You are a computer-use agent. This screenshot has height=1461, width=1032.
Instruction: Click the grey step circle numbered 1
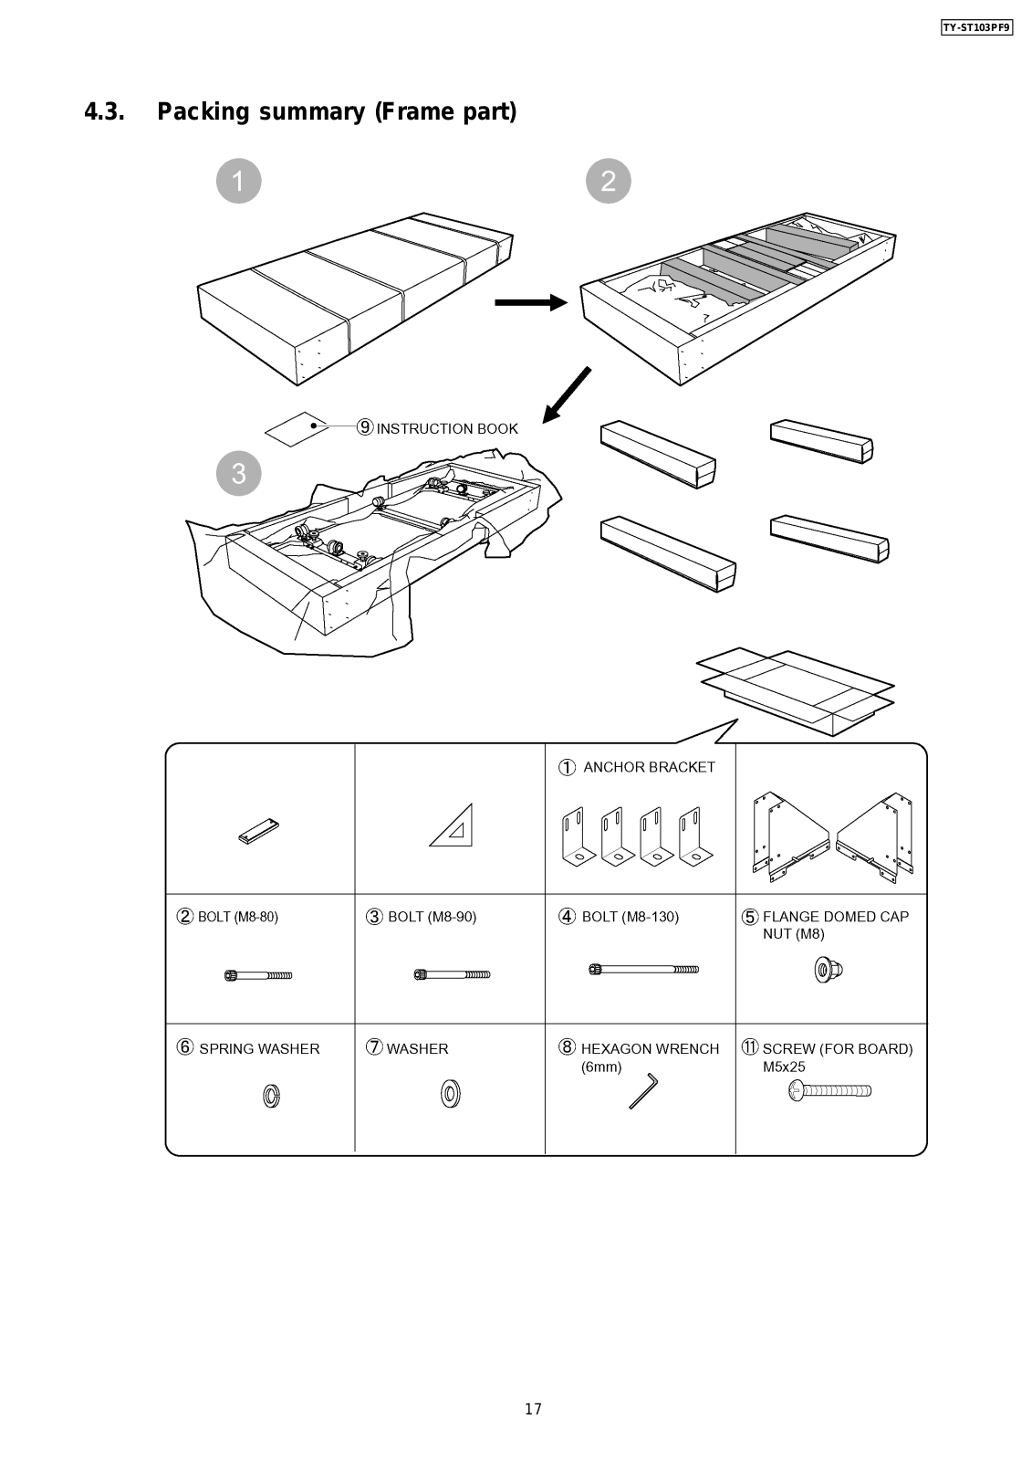(238, 181)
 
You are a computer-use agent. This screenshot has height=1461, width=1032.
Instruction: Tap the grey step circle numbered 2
(609, 181)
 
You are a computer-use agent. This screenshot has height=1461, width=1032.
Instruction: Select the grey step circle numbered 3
(238, 473)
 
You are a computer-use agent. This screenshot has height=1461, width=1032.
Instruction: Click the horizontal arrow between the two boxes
(530, 302)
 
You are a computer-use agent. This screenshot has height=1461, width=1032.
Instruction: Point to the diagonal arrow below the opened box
(567, 395)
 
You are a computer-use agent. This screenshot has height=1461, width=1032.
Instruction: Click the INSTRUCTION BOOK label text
(447, 428)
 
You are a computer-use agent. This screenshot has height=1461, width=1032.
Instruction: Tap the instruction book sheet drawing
(296, 428)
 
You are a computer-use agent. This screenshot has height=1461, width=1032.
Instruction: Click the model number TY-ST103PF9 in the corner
(976, 27)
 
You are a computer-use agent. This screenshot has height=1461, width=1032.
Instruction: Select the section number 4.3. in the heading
(104, 112)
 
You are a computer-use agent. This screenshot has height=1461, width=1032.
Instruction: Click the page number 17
(533, 1409)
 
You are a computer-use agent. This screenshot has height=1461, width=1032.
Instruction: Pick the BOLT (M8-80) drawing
(258, 975)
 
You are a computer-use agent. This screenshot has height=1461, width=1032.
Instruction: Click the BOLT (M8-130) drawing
(643, 969)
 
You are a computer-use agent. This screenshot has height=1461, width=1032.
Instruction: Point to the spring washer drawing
(271, 1095)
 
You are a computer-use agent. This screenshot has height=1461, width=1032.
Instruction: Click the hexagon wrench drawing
(643, 1091)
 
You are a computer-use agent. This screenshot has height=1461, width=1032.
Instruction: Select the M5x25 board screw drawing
(830, 1089)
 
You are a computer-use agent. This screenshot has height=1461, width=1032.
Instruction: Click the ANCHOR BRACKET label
(649, 767)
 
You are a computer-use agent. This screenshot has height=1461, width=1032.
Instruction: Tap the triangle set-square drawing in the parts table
(453, 825)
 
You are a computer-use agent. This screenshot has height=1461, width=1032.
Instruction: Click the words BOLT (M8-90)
(432, 917)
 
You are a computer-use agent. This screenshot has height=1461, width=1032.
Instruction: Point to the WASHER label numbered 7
(417, 1048)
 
